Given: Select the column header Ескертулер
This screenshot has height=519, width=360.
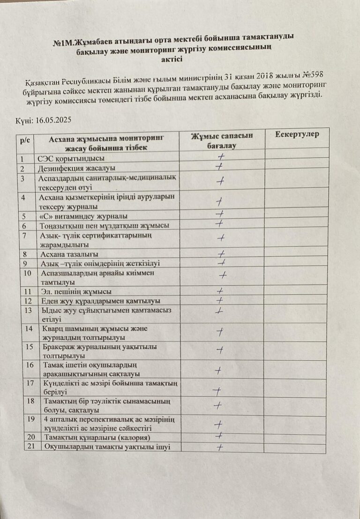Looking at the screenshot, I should pos(297,134).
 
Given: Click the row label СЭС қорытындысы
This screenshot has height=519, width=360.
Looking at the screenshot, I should pos(71,158).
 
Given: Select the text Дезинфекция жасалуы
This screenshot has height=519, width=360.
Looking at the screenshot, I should pos(76,168).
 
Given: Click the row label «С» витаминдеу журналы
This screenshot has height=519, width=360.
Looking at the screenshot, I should pos(82,216).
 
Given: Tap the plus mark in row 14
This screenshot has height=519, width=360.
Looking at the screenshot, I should pos(219,332).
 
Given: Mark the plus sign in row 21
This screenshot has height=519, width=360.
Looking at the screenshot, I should pos(218,448).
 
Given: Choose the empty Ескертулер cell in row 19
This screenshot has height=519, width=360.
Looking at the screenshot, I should pos(294,423).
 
